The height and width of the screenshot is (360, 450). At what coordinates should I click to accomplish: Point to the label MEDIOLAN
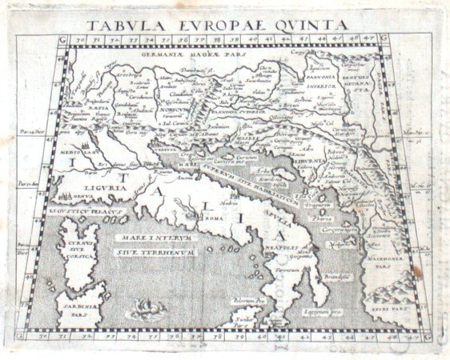(78, 149)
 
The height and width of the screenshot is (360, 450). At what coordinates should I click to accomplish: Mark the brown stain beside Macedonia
(416, 271)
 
